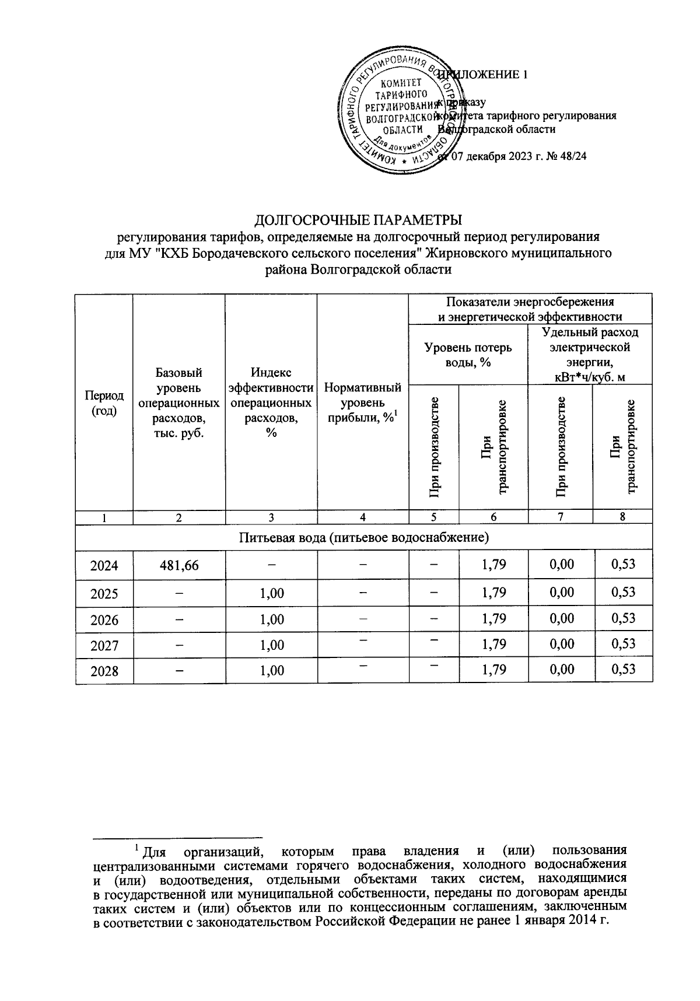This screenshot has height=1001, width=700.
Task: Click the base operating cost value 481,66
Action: [x=179, y=565]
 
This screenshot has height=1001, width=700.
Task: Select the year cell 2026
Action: [x=104, y=619]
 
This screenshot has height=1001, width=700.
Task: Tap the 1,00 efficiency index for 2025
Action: [x=272, y=593]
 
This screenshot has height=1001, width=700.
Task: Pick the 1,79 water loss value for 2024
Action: [x=494, y=564]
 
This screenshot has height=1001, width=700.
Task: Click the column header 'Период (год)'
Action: [x=104, y=402]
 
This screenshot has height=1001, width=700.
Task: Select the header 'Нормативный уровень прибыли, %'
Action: [x=363, y=402]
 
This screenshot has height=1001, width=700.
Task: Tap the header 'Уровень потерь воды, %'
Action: [x=468, y=355]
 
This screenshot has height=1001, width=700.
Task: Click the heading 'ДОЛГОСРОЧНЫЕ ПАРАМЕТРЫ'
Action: [x=358, y=220]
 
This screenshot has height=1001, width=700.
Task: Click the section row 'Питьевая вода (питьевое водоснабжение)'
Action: [x=363, y=537]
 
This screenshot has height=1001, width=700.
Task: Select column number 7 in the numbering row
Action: [x=561, y=516]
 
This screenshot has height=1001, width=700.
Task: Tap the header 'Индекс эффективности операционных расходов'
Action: [x=271, y=402]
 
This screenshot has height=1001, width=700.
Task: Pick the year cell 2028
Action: [x=104, y=671]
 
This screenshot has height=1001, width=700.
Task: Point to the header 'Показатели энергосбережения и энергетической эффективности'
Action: [x=530, y=309]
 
